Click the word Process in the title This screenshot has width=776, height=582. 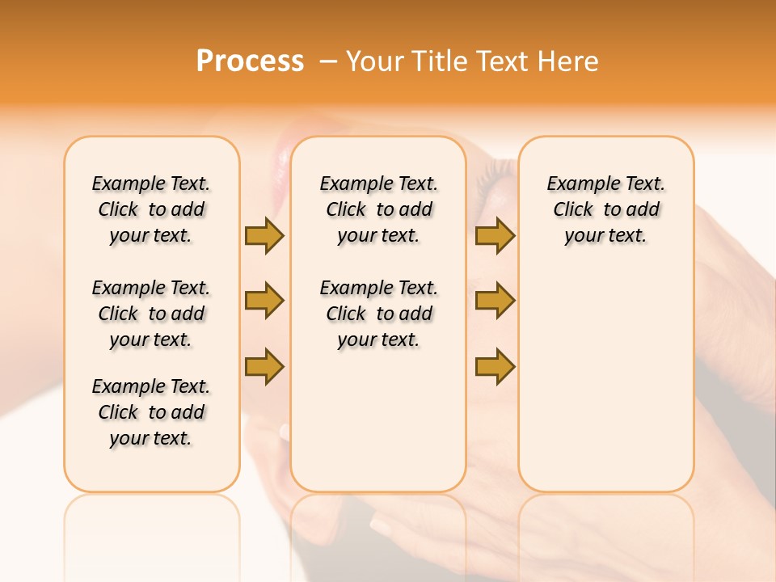[250, 61]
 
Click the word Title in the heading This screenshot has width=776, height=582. [441, 61]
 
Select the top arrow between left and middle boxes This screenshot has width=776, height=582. [264, 235]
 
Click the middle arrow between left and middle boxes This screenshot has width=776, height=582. [264, 301]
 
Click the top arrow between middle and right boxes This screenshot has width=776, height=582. [495, 235]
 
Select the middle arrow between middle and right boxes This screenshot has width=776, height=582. [495, 301]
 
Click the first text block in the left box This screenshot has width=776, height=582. [151, 209]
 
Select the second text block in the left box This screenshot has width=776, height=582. [151, 314]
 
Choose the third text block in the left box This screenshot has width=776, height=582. [151, 412]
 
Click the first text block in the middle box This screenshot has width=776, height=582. [378, 209]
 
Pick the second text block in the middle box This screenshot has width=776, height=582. [378, 314]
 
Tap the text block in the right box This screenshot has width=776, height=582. [605, 209]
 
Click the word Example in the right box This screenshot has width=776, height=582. [577, 184]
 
